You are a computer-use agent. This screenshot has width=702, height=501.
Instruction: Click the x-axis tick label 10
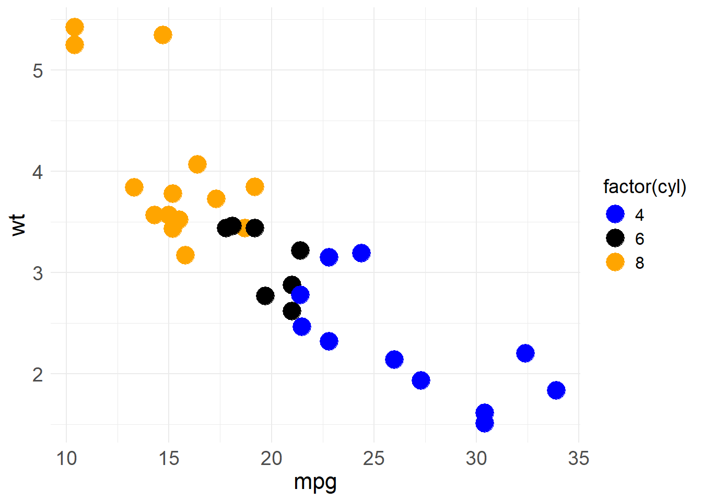(66, 459)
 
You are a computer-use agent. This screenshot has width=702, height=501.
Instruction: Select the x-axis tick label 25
(373, 459)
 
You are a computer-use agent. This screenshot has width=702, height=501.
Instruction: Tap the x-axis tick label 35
(578, 459)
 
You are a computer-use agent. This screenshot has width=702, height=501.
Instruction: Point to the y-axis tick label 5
(38, 70)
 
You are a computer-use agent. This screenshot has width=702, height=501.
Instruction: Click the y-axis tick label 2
(38, 374)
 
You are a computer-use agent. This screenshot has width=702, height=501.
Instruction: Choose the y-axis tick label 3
(38, 273)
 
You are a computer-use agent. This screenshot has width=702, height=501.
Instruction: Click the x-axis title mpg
(315, 482)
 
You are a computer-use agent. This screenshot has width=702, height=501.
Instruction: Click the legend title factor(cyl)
(645, 186)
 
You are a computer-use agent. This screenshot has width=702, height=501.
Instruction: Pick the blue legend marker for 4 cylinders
(615, 214)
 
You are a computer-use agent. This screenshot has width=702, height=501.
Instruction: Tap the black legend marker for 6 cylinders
(615, 238)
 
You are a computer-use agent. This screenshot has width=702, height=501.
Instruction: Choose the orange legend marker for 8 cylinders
(615, 262)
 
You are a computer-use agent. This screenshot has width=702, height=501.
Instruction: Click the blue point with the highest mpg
(556, 390)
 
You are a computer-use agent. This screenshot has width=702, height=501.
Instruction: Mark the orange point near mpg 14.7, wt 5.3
(163, 35)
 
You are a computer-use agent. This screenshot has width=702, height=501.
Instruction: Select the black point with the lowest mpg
(226, 228)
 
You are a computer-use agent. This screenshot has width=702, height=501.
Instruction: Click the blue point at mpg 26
(394, 359)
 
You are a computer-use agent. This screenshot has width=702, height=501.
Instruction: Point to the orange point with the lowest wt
(185, 255)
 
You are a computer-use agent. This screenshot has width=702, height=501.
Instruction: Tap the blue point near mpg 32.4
(525, 353)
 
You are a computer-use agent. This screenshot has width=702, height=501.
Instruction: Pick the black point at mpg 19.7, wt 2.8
(265, 296)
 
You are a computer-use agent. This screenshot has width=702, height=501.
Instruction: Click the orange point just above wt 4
(197, 164)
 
